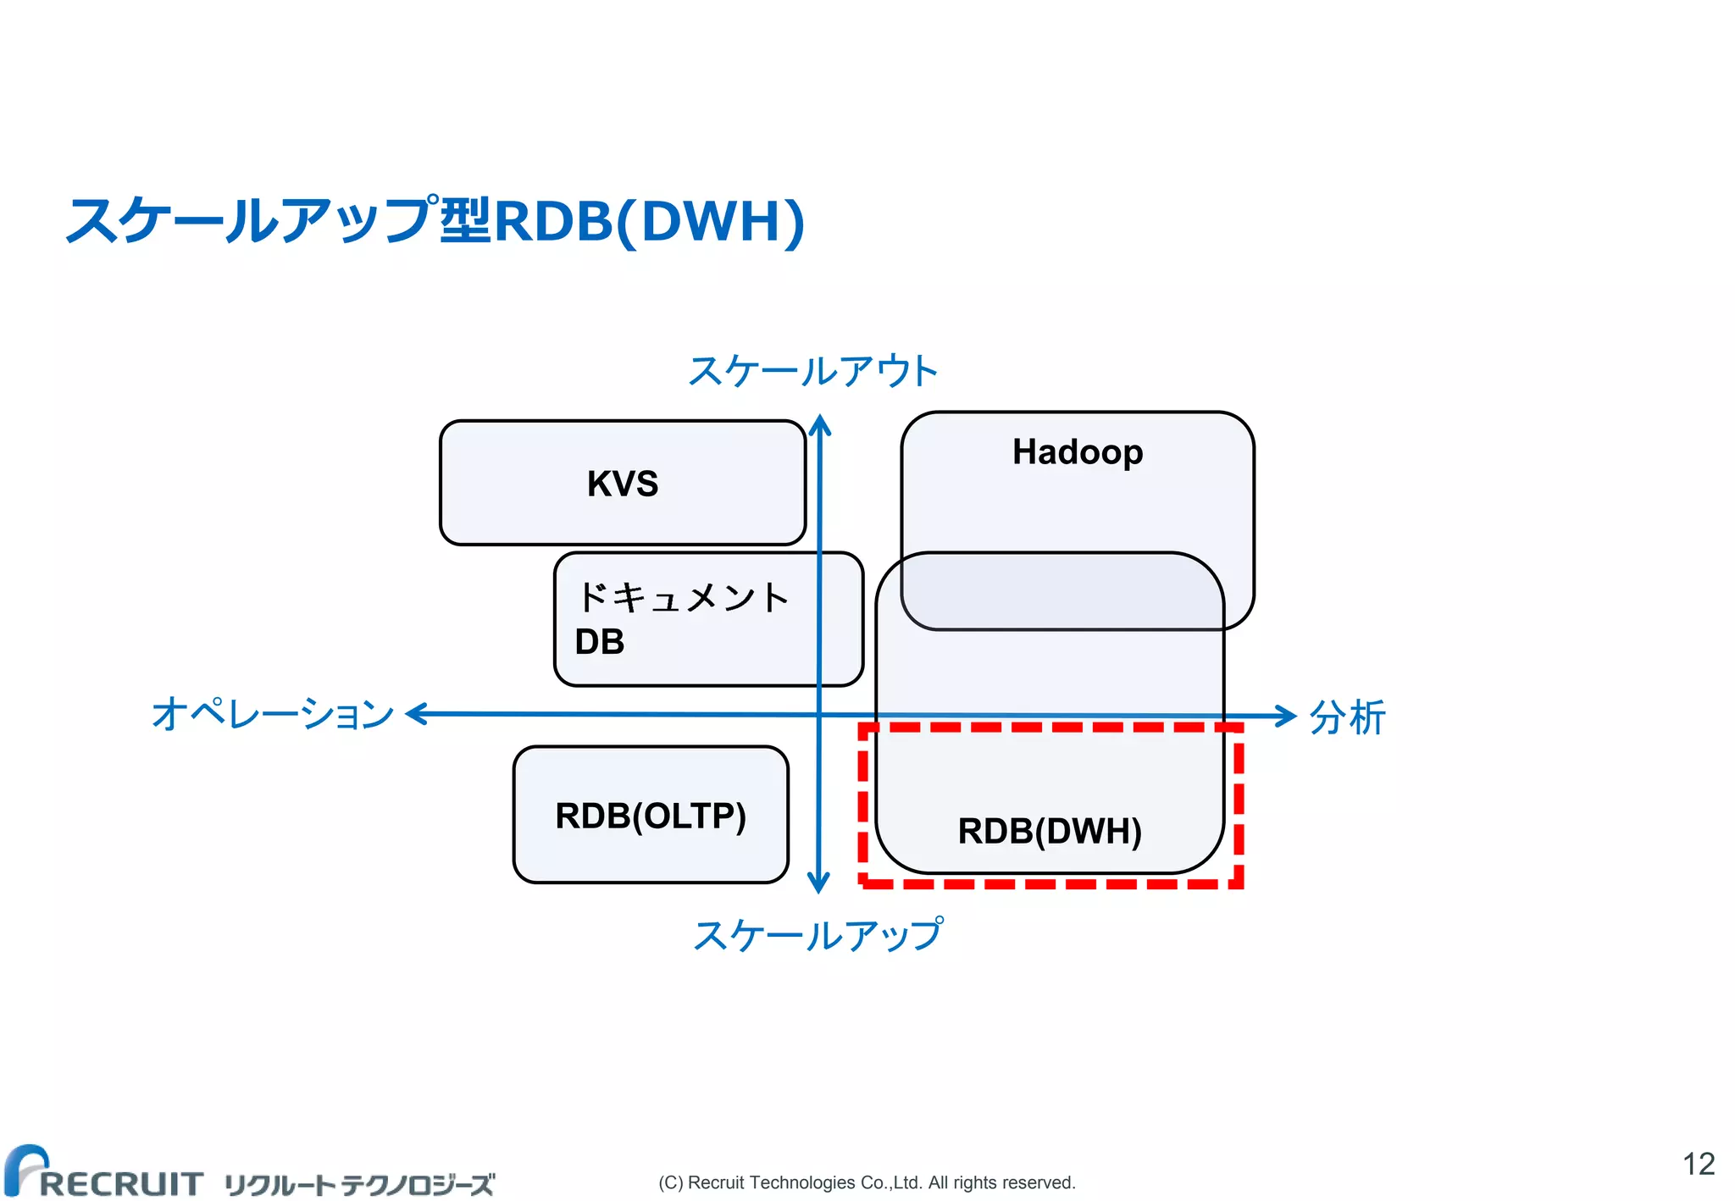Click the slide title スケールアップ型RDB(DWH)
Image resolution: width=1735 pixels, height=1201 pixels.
click(x=435, y=221)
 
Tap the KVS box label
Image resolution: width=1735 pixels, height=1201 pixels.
click(x=623, y=484)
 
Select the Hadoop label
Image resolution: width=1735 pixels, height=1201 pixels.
click(x=1078, y=452)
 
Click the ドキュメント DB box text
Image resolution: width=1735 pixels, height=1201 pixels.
click(x=681, y=618)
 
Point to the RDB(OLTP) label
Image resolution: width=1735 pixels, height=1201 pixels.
click(x=651, y=816)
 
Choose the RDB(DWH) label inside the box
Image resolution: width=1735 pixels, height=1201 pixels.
click(x=1050, y=831)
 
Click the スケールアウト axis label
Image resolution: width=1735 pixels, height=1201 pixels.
click(x=812, y=372)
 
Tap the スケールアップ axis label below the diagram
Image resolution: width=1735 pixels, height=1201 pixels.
click(x=818, y=935)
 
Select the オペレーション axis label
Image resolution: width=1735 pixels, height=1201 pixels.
click(x=273, y=714)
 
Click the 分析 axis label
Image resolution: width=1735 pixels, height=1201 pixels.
click(x=1347, y=717)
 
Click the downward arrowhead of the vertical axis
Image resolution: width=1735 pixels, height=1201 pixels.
click(x=818, y=883)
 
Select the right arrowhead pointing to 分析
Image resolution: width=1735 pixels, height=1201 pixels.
click(x=1287, y=716)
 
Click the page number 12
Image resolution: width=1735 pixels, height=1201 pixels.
click(x=1699, y=1164)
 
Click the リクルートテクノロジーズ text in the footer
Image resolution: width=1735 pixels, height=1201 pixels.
click(x=359, y=1184)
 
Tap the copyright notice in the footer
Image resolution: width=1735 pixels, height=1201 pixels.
click(x=867, y=1182)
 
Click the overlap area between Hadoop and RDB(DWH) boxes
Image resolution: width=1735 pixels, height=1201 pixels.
click(x=1062, y=591)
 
